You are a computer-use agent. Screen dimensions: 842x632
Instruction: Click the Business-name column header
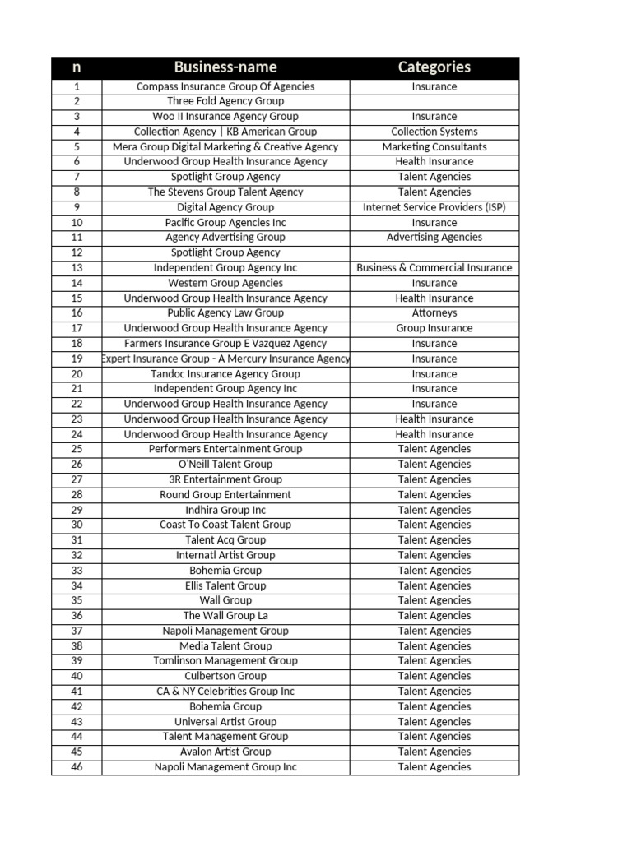pos(225,67)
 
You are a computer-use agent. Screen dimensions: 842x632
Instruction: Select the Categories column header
pos(434,67)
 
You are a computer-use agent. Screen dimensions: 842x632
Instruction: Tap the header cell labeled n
pos(77,67)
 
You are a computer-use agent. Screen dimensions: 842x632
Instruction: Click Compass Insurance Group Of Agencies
pos(225,86)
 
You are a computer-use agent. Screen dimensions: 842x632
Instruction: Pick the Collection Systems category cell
pos(434,132)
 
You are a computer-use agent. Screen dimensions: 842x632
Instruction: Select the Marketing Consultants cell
pos(434,146)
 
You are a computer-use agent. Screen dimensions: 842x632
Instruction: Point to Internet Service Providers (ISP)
pos(434,207)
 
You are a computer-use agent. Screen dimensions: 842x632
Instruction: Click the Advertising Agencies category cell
pos(434,237)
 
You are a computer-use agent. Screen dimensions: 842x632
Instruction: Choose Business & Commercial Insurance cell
pos(434,267)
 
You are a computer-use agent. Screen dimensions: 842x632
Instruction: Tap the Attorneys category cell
pos(434,312)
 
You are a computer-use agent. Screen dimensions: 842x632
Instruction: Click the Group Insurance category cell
pos(434,328)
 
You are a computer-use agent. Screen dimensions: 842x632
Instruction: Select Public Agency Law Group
pos(225,312)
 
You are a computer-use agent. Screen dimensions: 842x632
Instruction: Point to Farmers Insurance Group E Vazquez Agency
pos(225,343)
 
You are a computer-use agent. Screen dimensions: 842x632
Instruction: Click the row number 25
pos(77,449)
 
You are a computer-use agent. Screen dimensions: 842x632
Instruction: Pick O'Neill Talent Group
pos(225,464)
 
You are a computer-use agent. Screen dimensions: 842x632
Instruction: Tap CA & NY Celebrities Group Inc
pos(225,692)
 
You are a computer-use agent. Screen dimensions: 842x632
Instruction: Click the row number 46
pos(77,767)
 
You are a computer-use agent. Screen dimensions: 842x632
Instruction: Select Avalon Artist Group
pos(225,752)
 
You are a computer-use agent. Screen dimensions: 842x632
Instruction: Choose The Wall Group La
pos(225,615)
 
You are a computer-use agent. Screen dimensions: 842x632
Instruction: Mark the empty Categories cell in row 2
pos(434,101)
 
